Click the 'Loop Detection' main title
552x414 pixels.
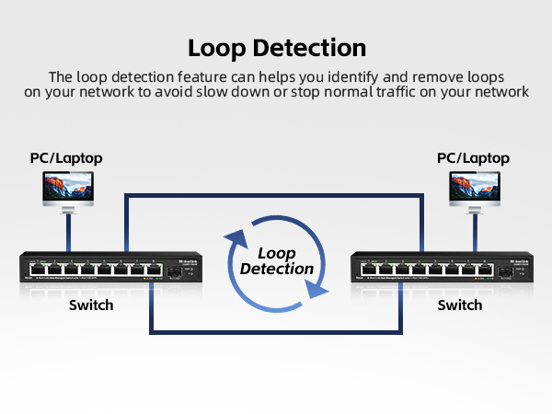(x=276, y=48)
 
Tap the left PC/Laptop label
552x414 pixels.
(x=63, y=158)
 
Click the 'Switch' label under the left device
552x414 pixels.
(x=91, y=305)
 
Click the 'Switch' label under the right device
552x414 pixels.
(x=459, y=305)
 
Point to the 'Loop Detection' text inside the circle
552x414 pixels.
(x=276, y=260)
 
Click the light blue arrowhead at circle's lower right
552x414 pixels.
(x=316, y=289)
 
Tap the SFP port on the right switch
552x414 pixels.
(x=506, y=270)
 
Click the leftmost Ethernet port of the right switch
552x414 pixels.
(x=369, y=270)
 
